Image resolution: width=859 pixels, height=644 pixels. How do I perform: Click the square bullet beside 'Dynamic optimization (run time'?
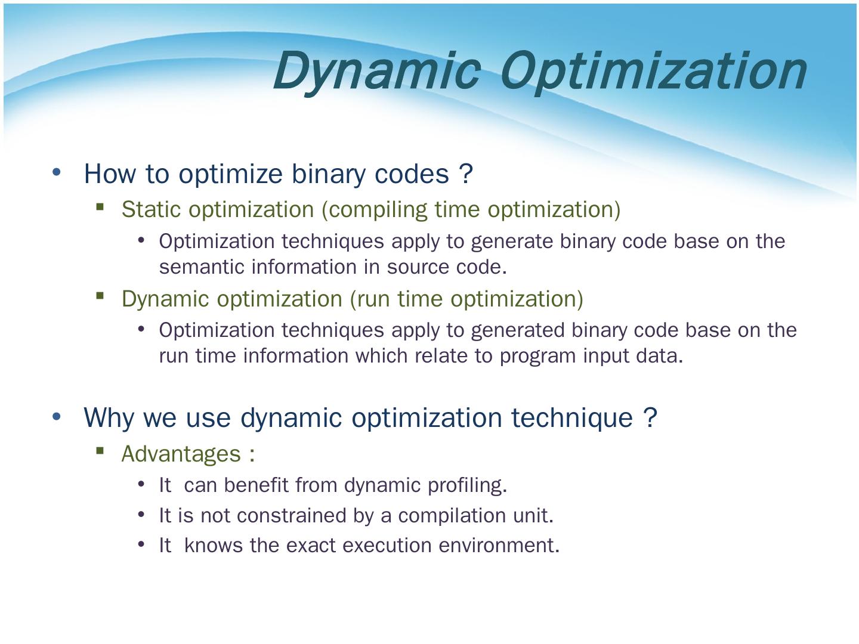100,296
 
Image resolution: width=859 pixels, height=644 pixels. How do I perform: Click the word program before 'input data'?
538,357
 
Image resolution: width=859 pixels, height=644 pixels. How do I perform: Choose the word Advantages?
181,454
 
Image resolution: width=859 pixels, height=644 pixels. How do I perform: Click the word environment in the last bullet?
499,546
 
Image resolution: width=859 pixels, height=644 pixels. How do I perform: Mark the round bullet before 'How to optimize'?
57,172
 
